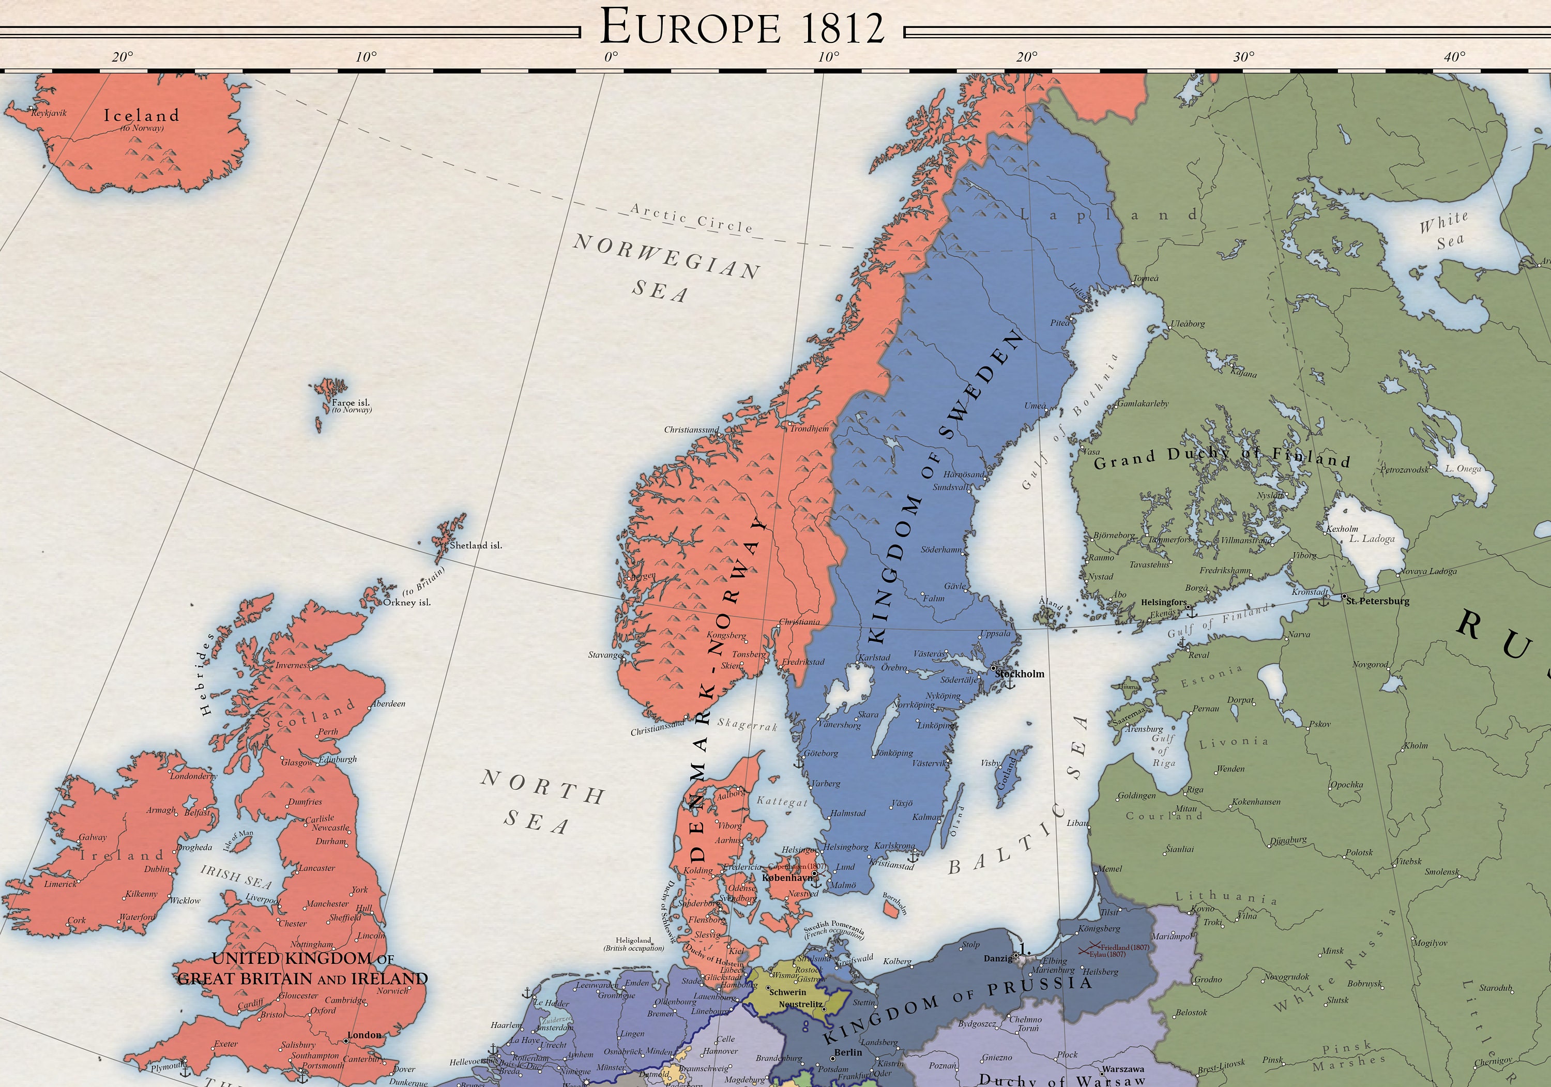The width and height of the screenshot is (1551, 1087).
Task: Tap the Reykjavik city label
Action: click(x=49, y=113)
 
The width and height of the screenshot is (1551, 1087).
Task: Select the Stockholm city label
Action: click(x=1020, y=673)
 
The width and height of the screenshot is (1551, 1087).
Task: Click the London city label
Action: click(x=364, y=1035)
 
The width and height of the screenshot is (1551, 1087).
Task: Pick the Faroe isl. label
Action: click(x=351, y=403)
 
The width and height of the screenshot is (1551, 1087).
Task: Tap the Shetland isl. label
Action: click(x=476, y=545)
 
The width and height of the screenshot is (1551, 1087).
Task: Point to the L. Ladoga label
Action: click(x=1371, y=539)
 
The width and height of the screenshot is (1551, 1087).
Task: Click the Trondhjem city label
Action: click(x=809, y=428)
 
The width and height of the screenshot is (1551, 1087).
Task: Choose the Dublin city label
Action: click(x=157, y=869)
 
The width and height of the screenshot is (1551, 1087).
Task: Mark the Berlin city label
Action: click(x=848, y=1052)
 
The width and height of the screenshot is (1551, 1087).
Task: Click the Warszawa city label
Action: click(x=1123, y=1069)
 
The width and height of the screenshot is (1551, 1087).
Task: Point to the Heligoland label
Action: click(x=634, y=940)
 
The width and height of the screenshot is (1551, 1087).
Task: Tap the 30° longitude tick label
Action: click(x=1243, y=57)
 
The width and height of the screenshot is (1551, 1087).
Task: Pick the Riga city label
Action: click(x=1194, y=789)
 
